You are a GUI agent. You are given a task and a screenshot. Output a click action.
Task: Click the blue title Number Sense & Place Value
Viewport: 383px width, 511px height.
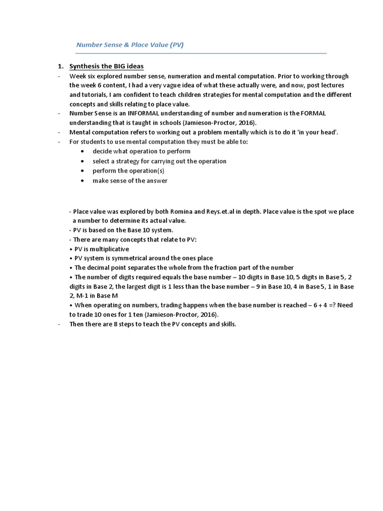pos(130,45)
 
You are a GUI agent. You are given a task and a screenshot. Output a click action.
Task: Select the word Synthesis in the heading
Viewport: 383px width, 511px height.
pos(86,67)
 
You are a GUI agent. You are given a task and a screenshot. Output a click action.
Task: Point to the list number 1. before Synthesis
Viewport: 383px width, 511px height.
pos(61,67)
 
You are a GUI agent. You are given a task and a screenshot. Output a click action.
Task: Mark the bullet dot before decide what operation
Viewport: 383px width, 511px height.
pos(82,151)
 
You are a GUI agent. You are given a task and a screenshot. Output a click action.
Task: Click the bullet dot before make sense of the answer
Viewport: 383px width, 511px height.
pos(82,181)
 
